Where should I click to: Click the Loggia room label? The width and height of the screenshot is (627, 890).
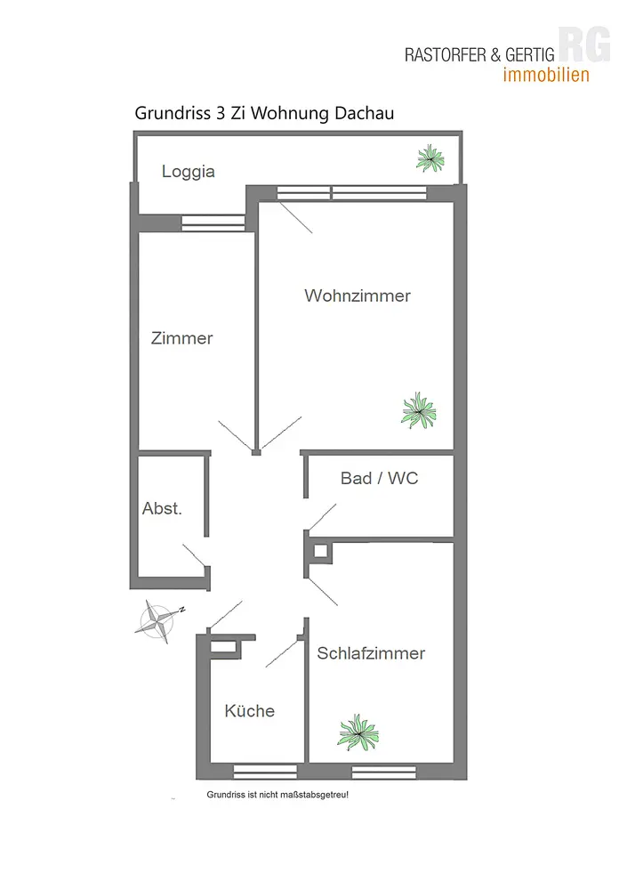pyautogui.click(x=189, y=172)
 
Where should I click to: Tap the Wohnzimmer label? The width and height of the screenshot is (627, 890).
pyautogui.click(x=358, y=295)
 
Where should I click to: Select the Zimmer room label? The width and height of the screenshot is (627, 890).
pyautogui.click(x=182, y=338)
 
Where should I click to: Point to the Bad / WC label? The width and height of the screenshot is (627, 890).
pyautogui.click(x=379, y=479)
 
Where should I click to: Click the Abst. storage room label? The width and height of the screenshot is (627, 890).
pyautogui.click(x=162, y=509)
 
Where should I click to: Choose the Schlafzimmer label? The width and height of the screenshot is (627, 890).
pyautogui.click(x=371, y=653)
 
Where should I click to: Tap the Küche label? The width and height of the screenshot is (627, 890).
pyautogui.click(x=249, y=711)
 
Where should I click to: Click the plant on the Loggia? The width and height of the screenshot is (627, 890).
pyautogui.click(x=430, y=158)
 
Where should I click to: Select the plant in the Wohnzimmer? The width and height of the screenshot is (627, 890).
pyautogui.click(x=419, y=411)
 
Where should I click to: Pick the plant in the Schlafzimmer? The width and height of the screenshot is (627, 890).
pyautogui.click(x=358, y=732)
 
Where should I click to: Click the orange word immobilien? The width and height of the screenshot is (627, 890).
pyautogui.click(x=546, y=76)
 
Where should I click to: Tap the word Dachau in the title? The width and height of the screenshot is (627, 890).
pyautogui.click(x=362, y=113)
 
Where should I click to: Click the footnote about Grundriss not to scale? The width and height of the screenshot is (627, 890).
pyautogui.click(x=277, y=794)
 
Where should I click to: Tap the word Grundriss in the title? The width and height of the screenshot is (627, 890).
pyautogui.click(x=170, y=113)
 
